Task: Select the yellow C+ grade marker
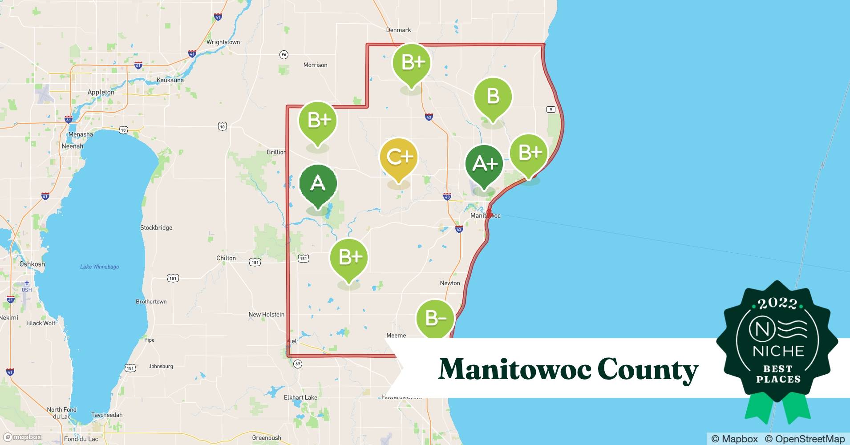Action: point(399,157)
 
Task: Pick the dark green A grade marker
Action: point(318,183)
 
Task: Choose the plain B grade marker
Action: point(493,97)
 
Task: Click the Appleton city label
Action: point(101,92)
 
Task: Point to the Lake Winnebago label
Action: point(99,267)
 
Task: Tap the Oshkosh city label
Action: point(32,264)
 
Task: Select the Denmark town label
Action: point(398,30)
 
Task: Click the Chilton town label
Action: point(226,258)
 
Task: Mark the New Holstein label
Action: point(266,314)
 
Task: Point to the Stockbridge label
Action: point(156,227)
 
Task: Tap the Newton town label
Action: point(450,283)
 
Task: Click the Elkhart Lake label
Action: point(300,397)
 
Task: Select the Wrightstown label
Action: point(223,42)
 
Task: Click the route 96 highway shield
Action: point(284,55)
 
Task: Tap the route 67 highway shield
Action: point(298,364)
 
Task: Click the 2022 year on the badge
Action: point(777,303)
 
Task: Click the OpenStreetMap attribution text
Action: point(805,439)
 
